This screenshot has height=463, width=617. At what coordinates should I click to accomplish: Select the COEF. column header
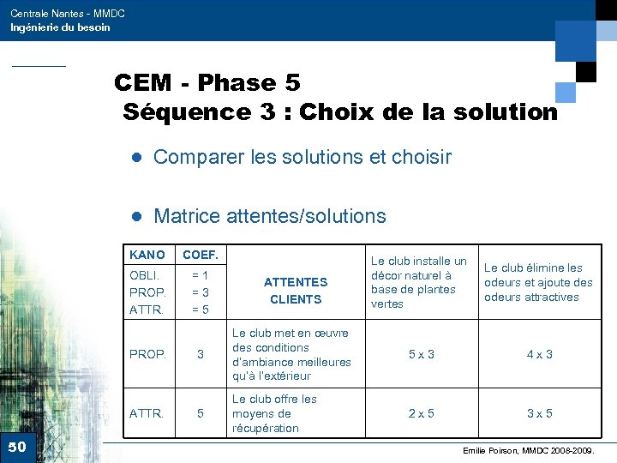(x=201, y=256)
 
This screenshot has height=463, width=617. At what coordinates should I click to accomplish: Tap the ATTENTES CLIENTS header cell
(x=295, y=290)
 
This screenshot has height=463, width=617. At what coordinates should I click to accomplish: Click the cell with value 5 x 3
(x=420, y=354)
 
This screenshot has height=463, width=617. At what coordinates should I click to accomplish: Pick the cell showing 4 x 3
(x=538, y=354)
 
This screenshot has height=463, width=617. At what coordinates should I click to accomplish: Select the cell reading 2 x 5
(x=420, y=413)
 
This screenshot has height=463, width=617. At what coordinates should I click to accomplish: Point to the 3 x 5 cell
(x=538, y=413)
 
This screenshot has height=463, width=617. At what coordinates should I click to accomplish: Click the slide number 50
(x=17, y=447)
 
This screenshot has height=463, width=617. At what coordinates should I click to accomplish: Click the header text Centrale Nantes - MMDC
(x=68, y=14)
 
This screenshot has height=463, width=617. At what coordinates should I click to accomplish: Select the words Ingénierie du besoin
(x=60, y=27)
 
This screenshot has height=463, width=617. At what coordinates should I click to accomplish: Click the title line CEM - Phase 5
(x=207, y=83)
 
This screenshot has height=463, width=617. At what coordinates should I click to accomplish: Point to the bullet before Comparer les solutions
(x=135, y=158)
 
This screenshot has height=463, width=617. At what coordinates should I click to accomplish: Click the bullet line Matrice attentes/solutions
(x=269, y=216)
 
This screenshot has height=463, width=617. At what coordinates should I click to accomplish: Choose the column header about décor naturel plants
(x=418, y=282)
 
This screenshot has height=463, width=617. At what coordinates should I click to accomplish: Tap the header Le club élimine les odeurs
(x=538, y=282)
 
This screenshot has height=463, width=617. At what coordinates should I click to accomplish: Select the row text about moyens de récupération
(x=274, y=413)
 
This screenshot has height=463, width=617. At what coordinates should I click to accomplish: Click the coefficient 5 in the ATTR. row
(x=201, y=413)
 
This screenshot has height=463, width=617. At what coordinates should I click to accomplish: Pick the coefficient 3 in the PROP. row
(x=201, y=354)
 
